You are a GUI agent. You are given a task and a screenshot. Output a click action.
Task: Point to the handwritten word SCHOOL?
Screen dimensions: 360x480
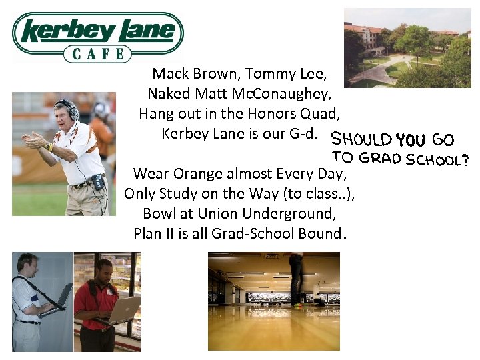(x=437, y=159)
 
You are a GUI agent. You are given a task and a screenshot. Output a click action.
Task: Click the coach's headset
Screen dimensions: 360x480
(x=66, y=107)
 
